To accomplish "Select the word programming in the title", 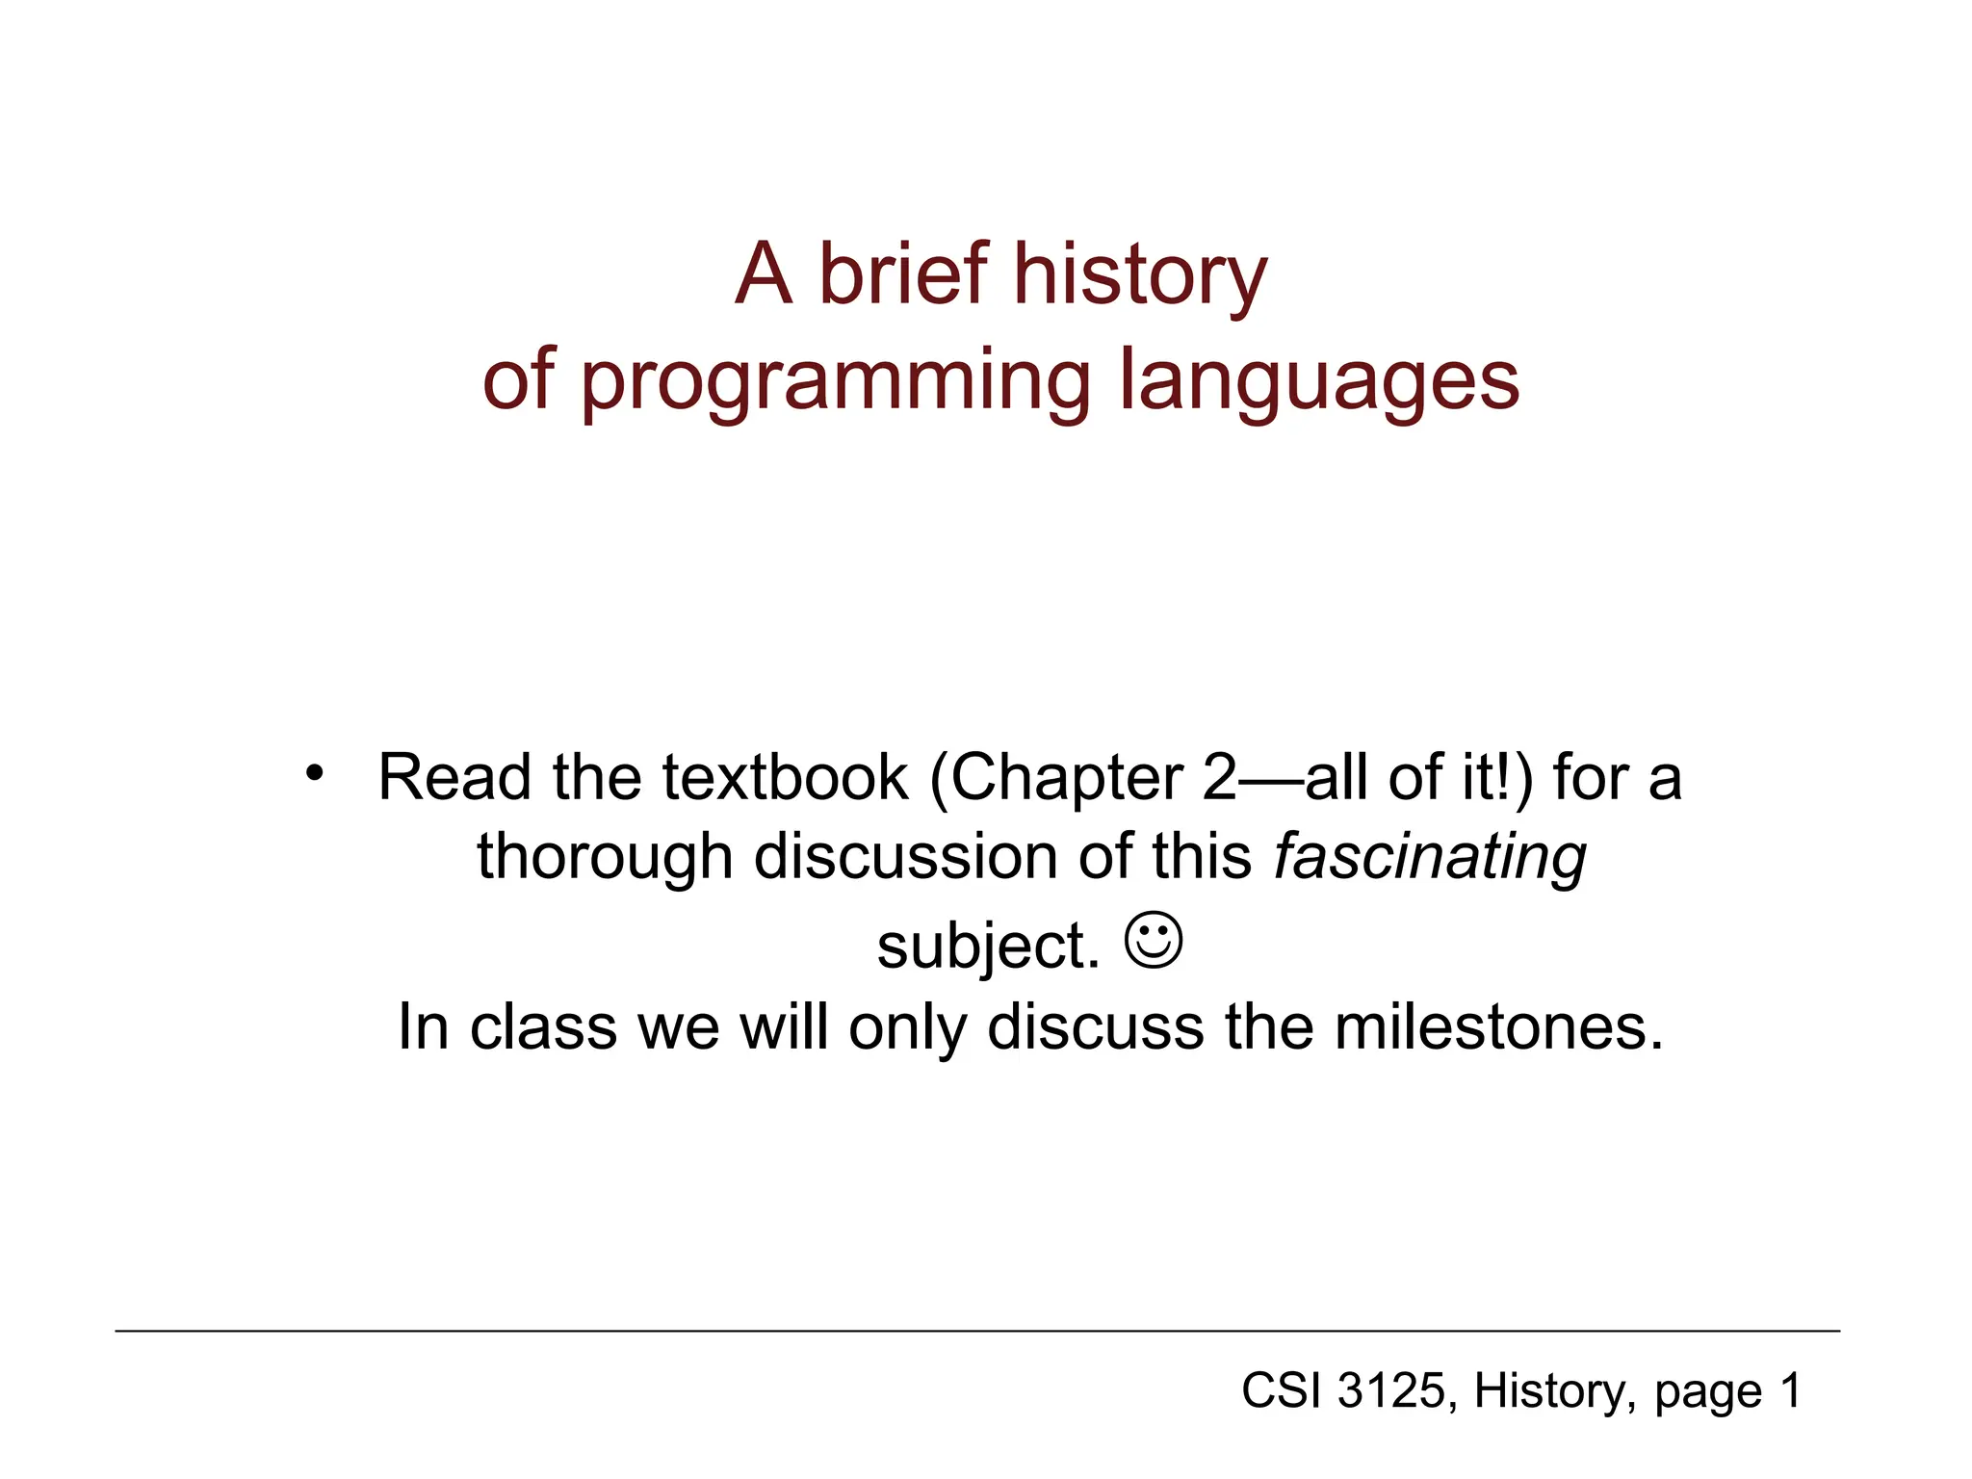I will coord(836,381).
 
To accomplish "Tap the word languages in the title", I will coord(1318,381).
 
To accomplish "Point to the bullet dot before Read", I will coord(314,772).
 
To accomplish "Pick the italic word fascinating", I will coord(1430,857).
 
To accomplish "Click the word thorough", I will coord(605,856).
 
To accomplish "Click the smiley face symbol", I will coord(1153,941).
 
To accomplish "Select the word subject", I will coord(988,946).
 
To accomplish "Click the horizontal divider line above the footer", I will coord(976,1331).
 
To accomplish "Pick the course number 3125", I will coord(1391,1390).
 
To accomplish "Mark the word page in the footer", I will coord(1707,1393).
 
